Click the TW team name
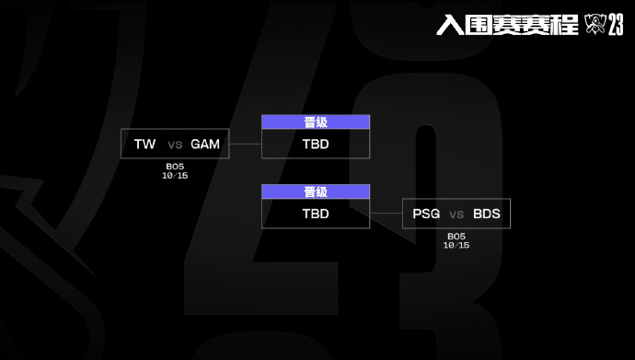[144, 145]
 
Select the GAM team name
[205, 145]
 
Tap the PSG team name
[427, 215]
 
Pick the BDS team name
[487, 215]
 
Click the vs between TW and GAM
[175, 145]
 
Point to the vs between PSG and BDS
[456, 215]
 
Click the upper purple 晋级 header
[316, 122]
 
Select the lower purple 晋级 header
[316, 192]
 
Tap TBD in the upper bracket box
[316, 144]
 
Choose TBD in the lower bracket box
[316, 214]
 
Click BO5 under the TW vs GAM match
[175, 166]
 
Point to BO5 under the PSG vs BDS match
[456, 236]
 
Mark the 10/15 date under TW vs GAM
[175, 175]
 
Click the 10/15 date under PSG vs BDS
[456, 245]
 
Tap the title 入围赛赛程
[507, 25]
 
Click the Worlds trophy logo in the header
[593, 25]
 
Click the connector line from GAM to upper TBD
[246, 145]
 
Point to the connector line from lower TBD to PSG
[386, 215]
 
